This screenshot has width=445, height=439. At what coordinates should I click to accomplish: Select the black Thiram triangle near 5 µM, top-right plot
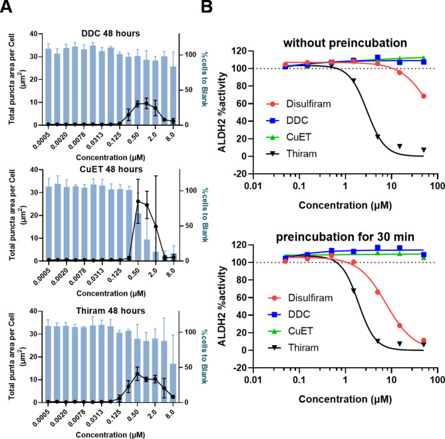377,137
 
